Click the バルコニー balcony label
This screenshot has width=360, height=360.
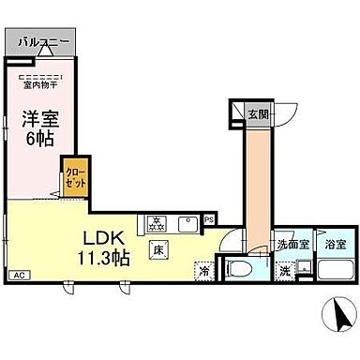click(x=38, y=42)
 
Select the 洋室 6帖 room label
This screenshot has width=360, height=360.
click(x=37, y=127)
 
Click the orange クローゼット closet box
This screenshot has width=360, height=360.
click(x=75, y=177)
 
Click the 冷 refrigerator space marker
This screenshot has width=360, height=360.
click(x=204, y=271)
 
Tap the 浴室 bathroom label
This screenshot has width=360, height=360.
click(x=334, y=244)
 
